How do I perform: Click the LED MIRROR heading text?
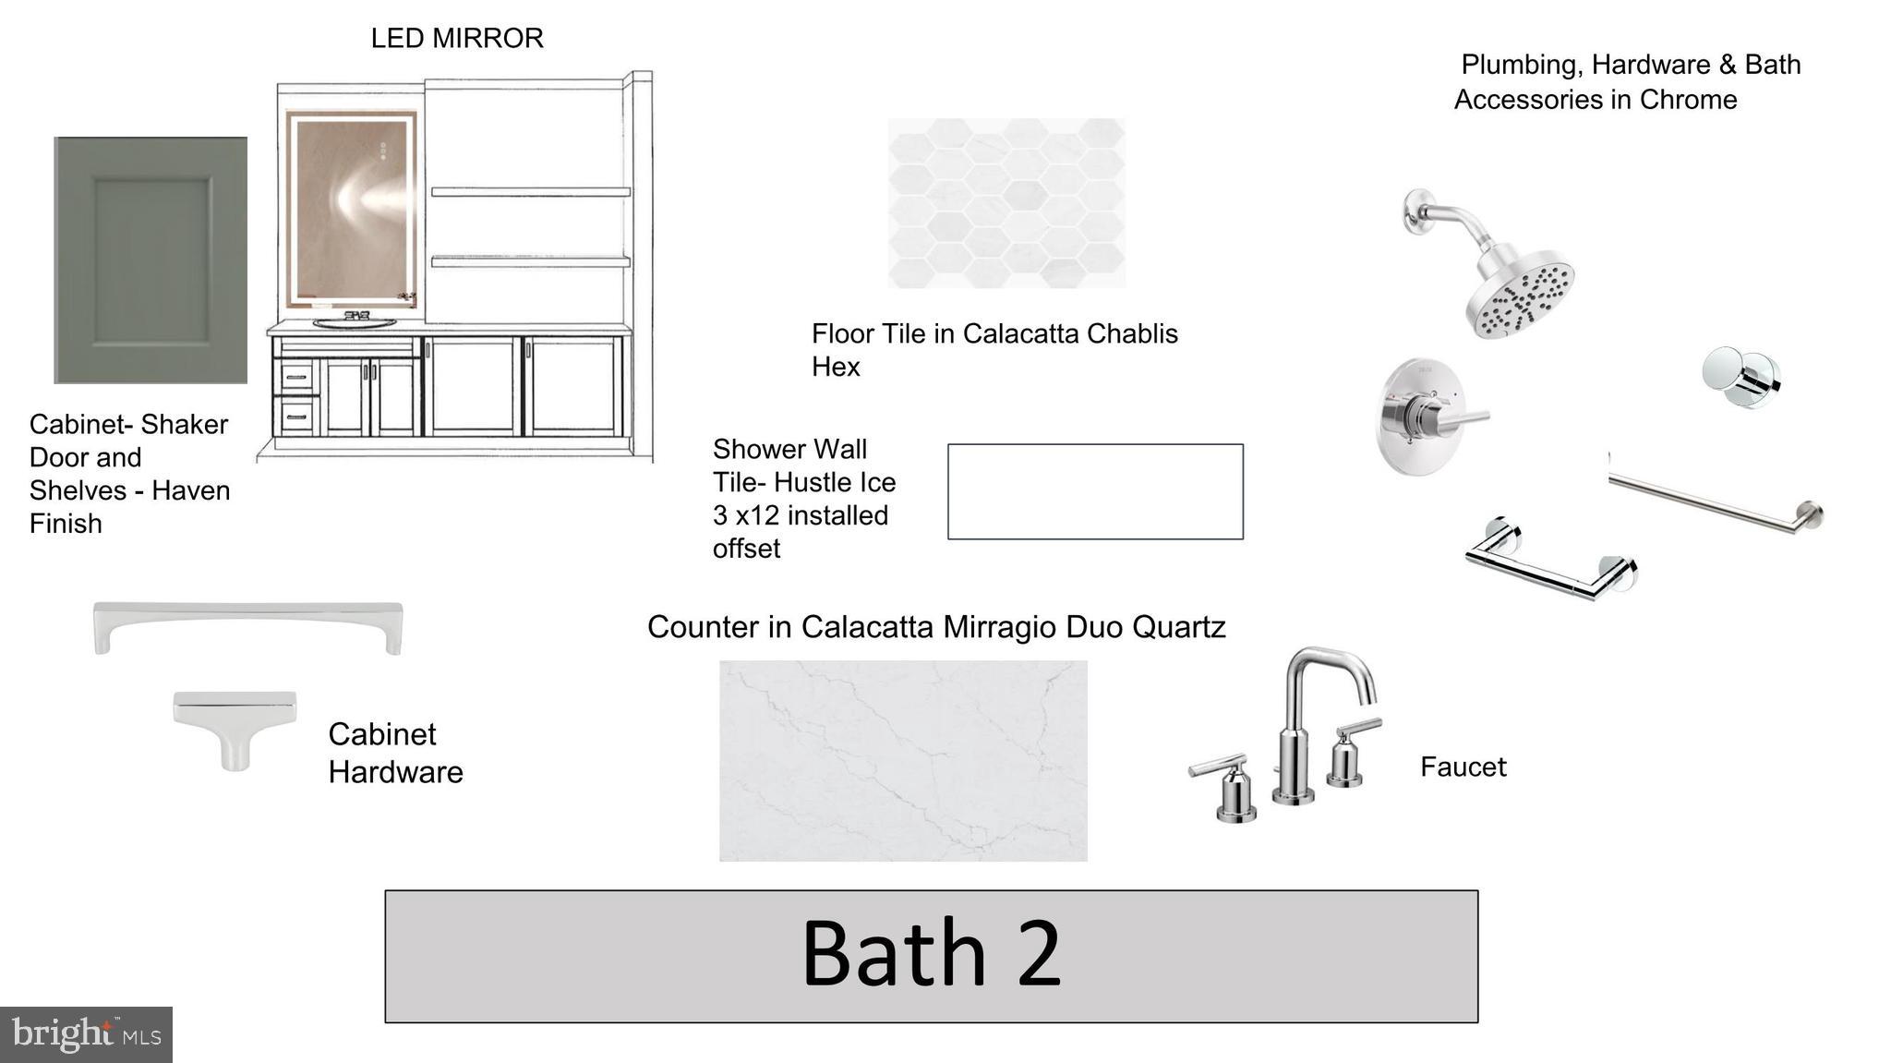point(457,39)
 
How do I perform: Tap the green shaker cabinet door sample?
point(151,260)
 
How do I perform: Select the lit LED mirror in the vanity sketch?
point(352,210)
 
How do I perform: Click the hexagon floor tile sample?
point(1006,203)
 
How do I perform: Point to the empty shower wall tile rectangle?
point(1095,491)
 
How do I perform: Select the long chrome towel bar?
point(1716,501)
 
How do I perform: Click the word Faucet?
point(1463,767)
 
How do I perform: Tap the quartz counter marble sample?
point(903,761)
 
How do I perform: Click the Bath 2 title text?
point(931,953)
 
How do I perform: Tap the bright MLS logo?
point(86,1034)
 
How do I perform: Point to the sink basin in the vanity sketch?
point(355,323)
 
